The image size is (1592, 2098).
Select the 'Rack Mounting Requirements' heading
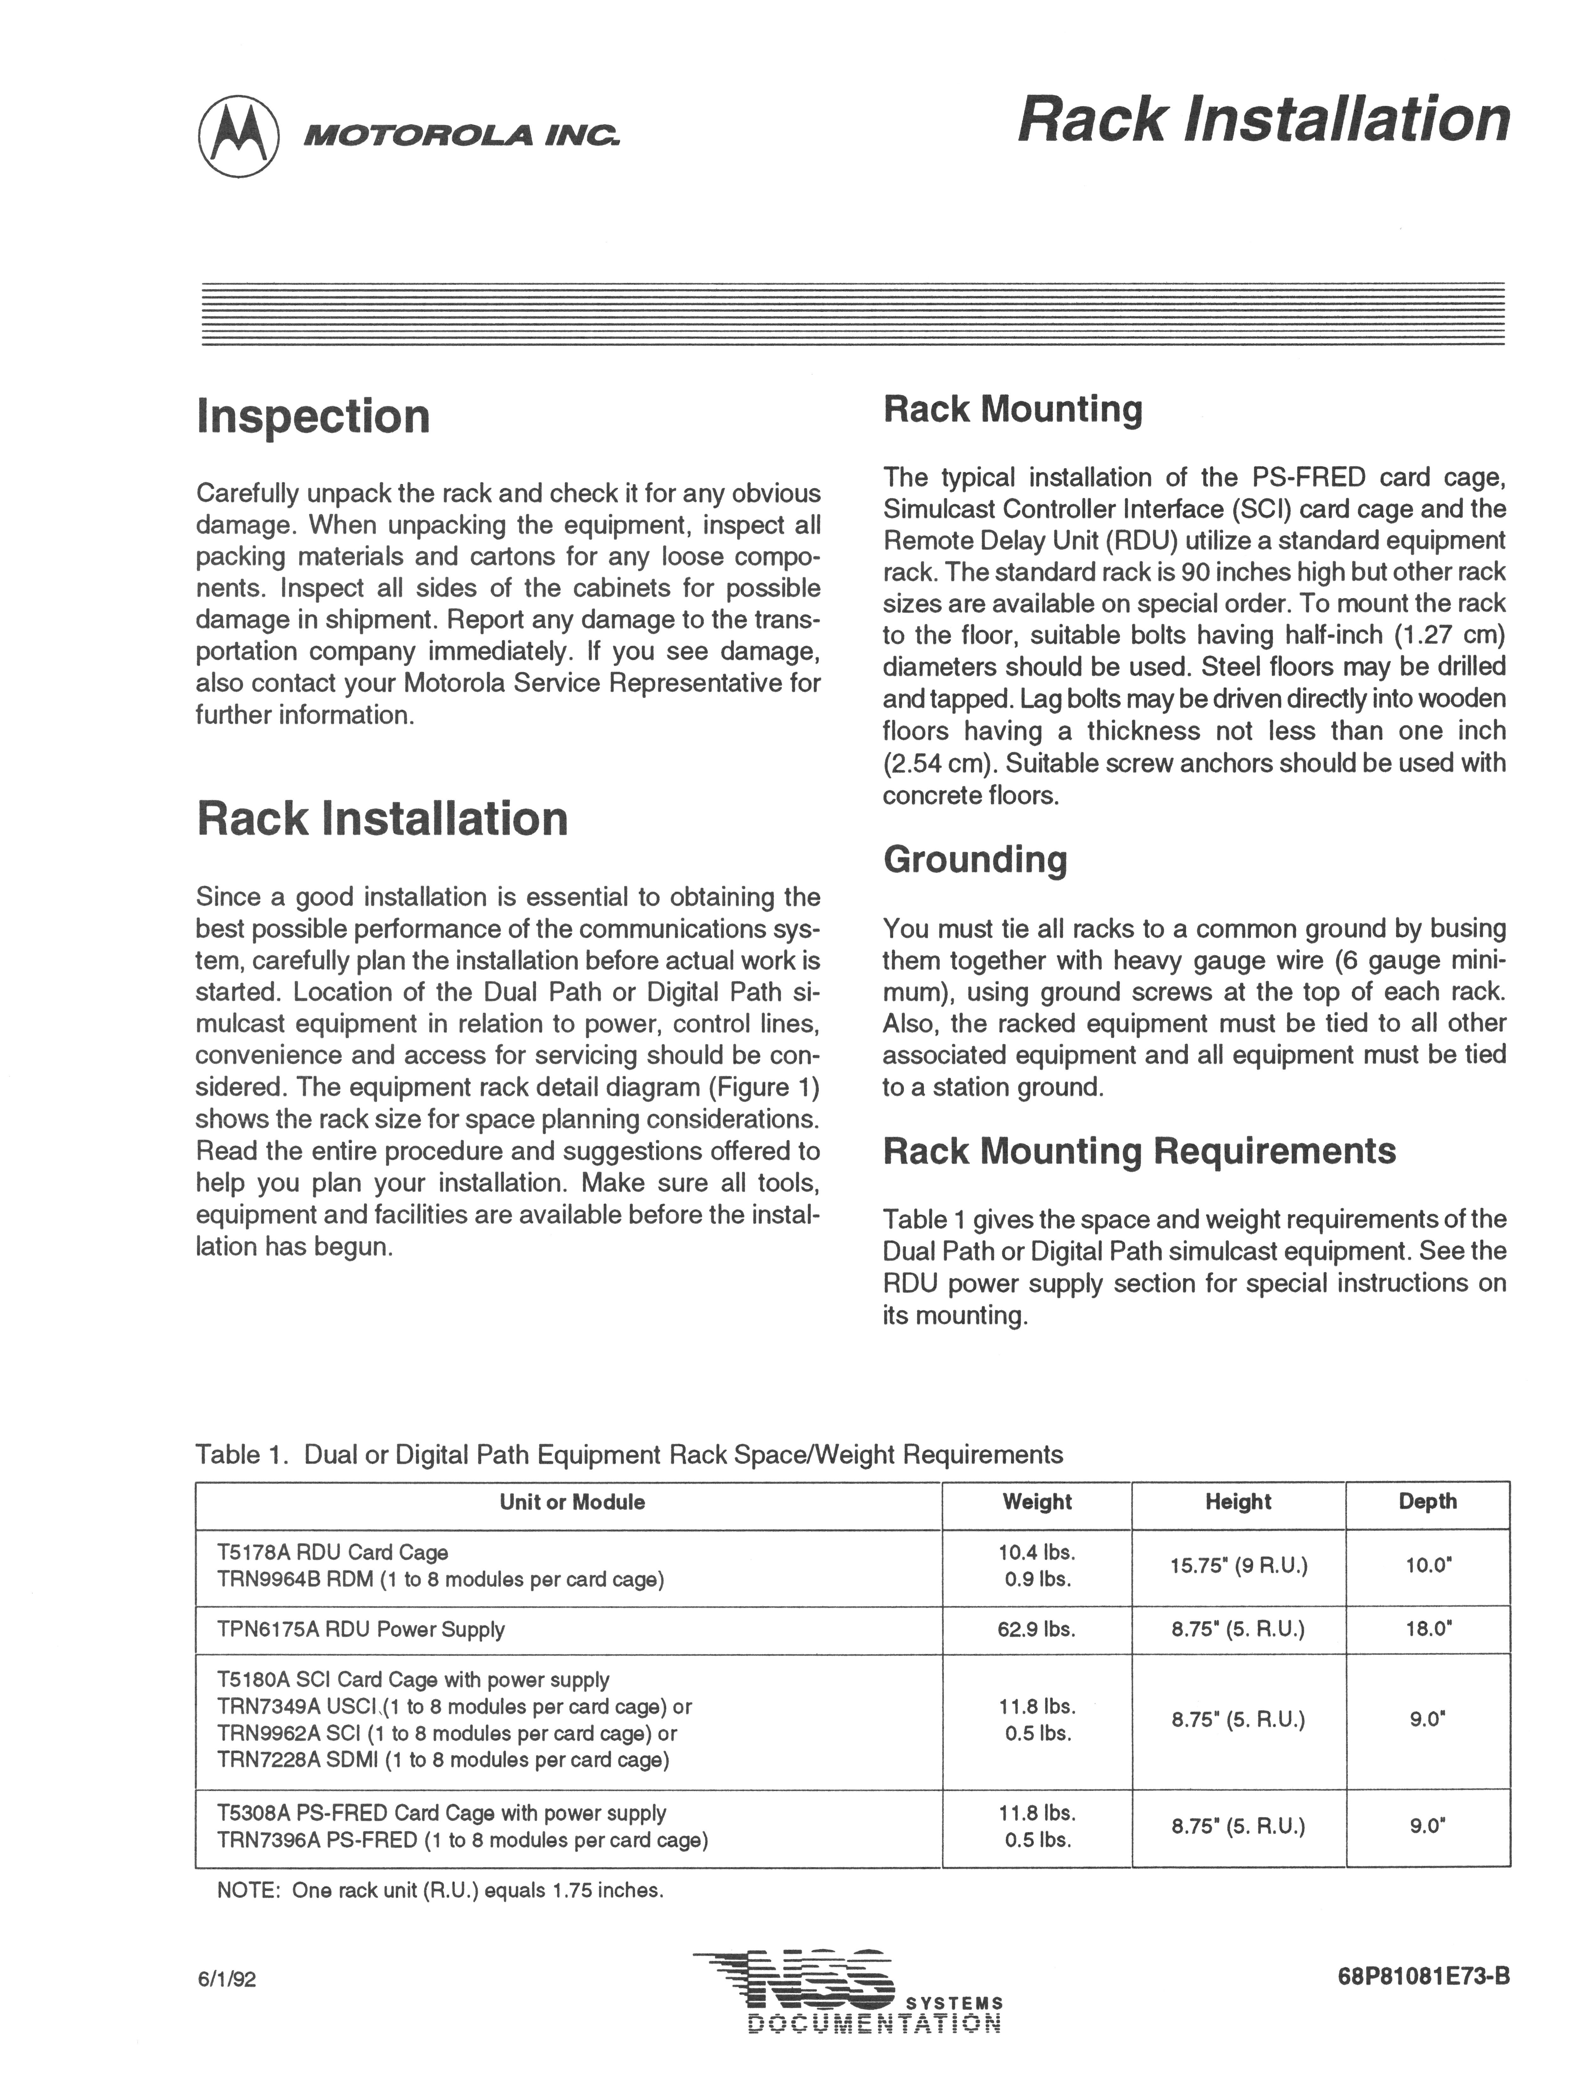pos(1139,1150)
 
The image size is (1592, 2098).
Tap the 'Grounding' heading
pos(975,859)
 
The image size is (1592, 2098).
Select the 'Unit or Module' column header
pos(572,1501)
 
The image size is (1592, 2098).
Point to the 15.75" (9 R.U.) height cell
pos(1238,1566)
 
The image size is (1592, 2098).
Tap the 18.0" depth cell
pos(1427,1630)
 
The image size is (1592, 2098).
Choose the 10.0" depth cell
pos(1427,1566)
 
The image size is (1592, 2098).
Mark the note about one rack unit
pos(440,1890)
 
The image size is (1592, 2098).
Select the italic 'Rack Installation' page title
pos(1262,120)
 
